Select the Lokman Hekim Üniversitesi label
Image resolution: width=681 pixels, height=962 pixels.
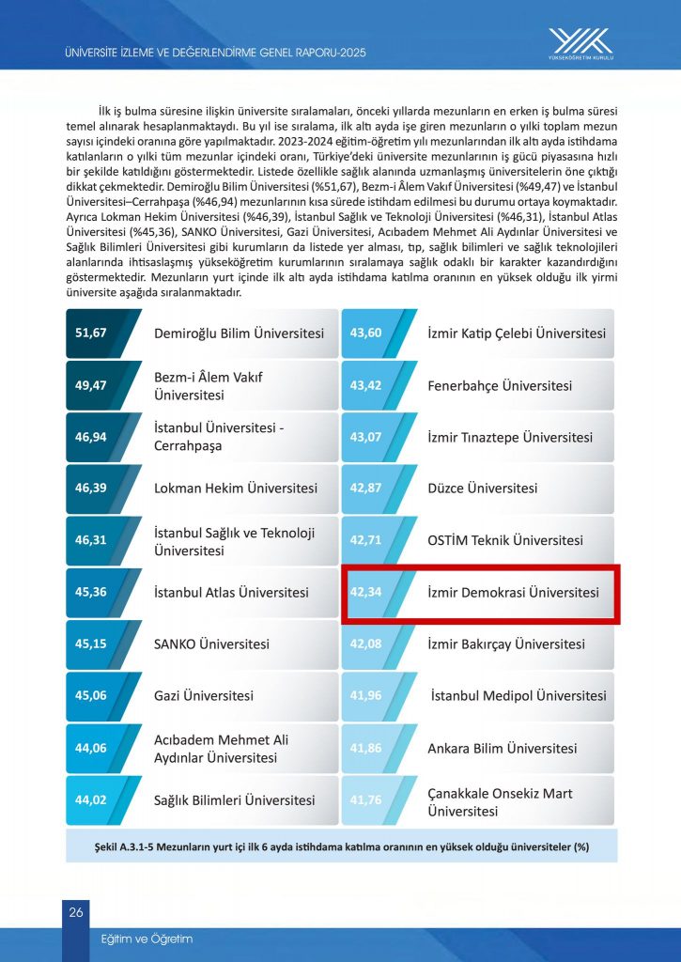point(235,489)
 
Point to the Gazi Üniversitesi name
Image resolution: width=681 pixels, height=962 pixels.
point(204,696)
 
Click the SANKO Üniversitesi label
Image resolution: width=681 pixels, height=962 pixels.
point(211,644)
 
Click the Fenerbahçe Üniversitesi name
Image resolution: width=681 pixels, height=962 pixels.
point(499,386)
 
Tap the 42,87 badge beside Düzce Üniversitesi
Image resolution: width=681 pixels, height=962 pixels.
point(364,489)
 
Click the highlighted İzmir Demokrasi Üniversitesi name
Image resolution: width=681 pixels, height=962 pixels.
point(513,593)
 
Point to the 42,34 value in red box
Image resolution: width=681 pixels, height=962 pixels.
point(364,593)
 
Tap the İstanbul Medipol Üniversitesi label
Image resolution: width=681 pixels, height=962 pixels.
point(518,696)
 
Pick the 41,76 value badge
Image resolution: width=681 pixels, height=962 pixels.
point(364,800)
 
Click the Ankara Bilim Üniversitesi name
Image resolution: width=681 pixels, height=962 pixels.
point(502,749)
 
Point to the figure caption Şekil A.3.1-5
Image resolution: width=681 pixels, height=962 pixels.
point(340,846)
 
